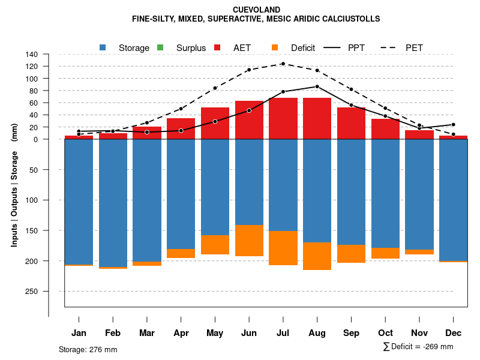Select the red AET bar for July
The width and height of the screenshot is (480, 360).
click(x=283, y=118)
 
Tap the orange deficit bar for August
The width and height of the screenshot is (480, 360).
click(x=317, y=256)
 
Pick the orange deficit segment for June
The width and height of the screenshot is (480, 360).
click(x=249, y=241)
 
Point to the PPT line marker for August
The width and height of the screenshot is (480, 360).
click(x=317, y=86)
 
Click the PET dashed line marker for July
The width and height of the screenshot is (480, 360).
click(x=283, y=64)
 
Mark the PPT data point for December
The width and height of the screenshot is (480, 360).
click(x=454, y=125)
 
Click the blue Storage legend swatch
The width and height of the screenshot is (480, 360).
click(x=103, y=47)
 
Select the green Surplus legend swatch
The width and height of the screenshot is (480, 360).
click(x=160, y=47)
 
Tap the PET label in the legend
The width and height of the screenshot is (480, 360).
click(x=414, y=48)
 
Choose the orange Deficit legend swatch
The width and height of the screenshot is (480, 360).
click(x=275, y=47)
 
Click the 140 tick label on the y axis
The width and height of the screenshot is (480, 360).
click(x=32, y=55)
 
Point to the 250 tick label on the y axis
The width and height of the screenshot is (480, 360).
click(x=32, y=292)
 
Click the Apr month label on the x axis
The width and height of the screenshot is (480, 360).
click(x=181, y=333)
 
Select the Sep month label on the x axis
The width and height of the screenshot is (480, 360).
click(x=352, y=333)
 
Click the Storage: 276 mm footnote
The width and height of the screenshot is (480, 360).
click(x=88, y=349)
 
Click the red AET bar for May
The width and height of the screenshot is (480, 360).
click(x=215, y=123)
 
